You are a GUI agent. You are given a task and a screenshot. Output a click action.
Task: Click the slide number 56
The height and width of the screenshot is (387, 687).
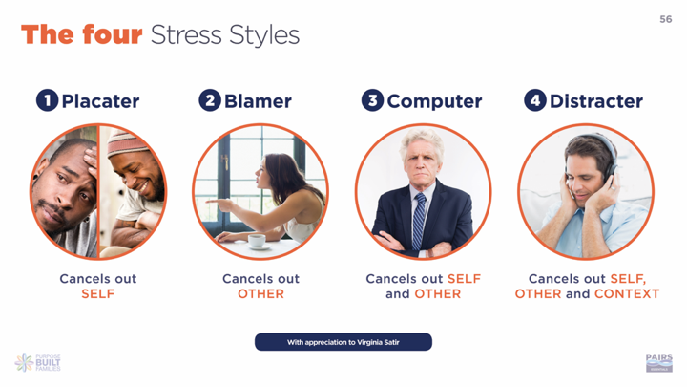666,19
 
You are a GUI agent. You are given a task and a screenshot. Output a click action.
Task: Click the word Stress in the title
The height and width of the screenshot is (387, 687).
186,35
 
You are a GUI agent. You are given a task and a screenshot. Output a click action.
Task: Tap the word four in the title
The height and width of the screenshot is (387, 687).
113,34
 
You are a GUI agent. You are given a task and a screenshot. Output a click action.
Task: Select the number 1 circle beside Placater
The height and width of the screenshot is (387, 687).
48,100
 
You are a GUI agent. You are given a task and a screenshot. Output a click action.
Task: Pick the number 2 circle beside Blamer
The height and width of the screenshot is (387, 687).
210,100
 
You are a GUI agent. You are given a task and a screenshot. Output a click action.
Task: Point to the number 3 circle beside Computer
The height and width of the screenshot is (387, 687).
372,100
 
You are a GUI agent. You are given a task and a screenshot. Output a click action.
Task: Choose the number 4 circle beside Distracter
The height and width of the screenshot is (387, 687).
535,100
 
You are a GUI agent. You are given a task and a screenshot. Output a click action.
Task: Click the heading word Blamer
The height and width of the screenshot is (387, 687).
258,101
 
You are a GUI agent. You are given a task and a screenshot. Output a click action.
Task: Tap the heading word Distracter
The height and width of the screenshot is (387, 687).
596,101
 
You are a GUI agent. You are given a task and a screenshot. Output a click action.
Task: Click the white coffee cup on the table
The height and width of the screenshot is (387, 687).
257,241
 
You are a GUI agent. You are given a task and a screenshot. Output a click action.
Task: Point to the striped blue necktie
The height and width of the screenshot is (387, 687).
419,221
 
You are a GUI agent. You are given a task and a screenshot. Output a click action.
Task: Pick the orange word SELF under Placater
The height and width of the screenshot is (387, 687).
97,294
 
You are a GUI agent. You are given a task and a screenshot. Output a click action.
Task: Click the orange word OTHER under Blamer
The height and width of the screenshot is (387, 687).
260,294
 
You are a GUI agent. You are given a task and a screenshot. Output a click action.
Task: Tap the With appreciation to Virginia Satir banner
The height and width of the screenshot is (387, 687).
343,342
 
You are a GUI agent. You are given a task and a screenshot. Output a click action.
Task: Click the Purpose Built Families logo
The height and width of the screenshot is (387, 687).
37,362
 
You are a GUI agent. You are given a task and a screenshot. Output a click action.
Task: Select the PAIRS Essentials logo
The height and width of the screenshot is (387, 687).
659,363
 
